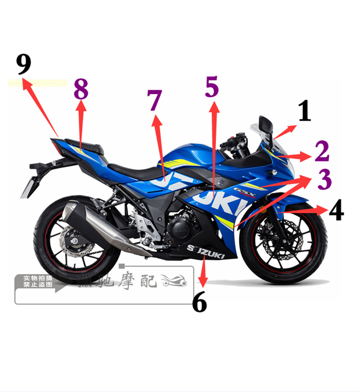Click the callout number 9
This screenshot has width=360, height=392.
[x=24, y=64]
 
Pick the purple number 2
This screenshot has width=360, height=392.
[x=322, y=152]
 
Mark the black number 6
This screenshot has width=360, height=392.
[x=199, y=302]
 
